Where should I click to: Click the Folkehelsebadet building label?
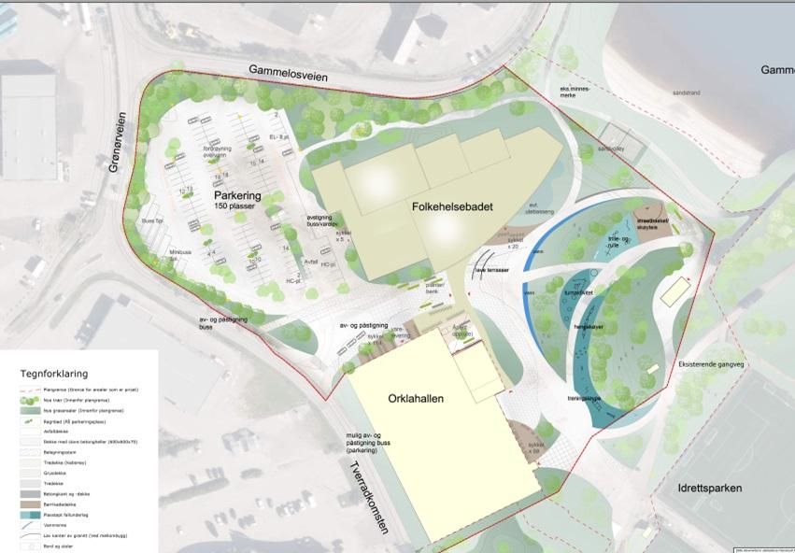pos(449,206)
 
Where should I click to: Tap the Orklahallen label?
pos(416,398)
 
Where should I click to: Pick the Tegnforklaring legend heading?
pos(54,373)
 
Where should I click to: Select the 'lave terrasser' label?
pos(490,269)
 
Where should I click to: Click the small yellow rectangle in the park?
pos(673,292)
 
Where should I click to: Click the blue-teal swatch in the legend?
pos(31,515)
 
